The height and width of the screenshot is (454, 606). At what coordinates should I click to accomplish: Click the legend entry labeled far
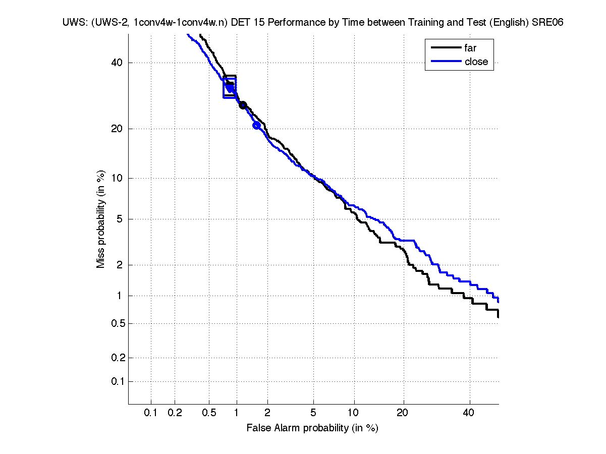(x=470, y=48)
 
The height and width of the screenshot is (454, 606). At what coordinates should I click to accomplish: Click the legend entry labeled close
(x=476, y=62)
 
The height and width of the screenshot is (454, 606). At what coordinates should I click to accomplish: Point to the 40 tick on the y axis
(x=117, y=63)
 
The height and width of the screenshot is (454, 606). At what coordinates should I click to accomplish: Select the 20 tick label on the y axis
(x=117, y=129)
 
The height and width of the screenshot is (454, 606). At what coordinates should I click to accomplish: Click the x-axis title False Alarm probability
(x=312, y=428)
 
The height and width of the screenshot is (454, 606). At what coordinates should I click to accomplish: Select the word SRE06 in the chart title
(x=547, y=23)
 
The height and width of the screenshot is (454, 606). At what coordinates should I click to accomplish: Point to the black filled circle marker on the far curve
(x=243, y=105)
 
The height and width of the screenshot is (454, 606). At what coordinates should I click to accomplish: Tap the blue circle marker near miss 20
(x=256, y=126)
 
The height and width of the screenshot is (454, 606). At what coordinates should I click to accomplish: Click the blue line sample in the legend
(x=446, y=62)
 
